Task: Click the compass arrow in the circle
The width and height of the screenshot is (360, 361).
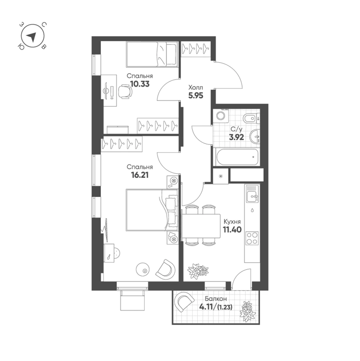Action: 32,37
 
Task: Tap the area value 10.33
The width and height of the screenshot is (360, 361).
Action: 140,84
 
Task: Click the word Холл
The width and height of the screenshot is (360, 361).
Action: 196,88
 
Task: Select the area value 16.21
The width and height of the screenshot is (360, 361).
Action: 140,175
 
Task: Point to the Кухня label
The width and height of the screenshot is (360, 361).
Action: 232,222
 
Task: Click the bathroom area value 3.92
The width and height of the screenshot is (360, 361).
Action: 236,138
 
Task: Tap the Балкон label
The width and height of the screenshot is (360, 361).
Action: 216,299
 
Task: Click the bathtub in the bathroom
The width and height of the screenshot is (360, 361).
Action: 237,157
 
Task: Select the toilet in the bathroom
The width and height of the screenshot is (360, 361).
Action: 251,119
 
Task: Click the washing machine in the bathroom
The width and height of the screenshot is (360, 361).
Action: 221,116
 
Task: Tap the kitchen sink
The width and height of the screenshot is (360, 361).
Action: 252,194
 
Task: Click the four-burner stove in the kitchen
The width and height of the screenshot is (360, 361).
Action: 252,238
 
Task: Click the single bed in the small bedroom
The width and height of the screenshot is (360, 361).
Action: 152,54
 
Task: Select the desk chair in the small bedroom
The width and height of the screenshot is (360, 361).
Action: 125,92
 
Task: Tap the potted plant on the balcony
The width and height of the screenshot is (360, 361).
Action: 248,311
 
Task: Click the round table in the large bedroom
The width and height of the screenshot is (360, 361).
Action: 143,270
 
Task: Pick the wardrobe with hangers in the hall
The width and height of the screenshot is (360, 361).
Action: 196,49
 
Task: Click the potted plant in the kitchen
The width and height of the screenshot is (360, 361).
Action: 198,271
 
